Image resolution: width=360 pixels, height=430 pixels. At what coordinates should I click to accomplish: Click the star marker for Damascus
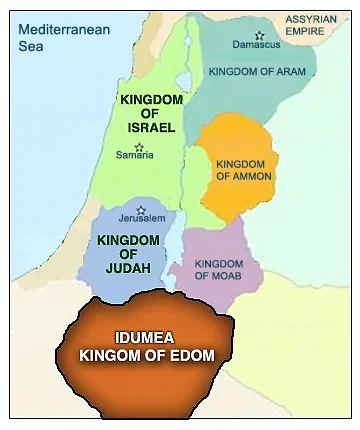pos(259,35)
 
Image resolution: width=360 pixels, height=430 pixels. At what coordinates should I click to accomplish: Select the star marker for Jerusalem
pos(141,210)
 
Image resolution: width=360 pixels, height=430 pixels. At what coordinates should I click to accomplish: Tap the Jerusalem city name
pos(141,221)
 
